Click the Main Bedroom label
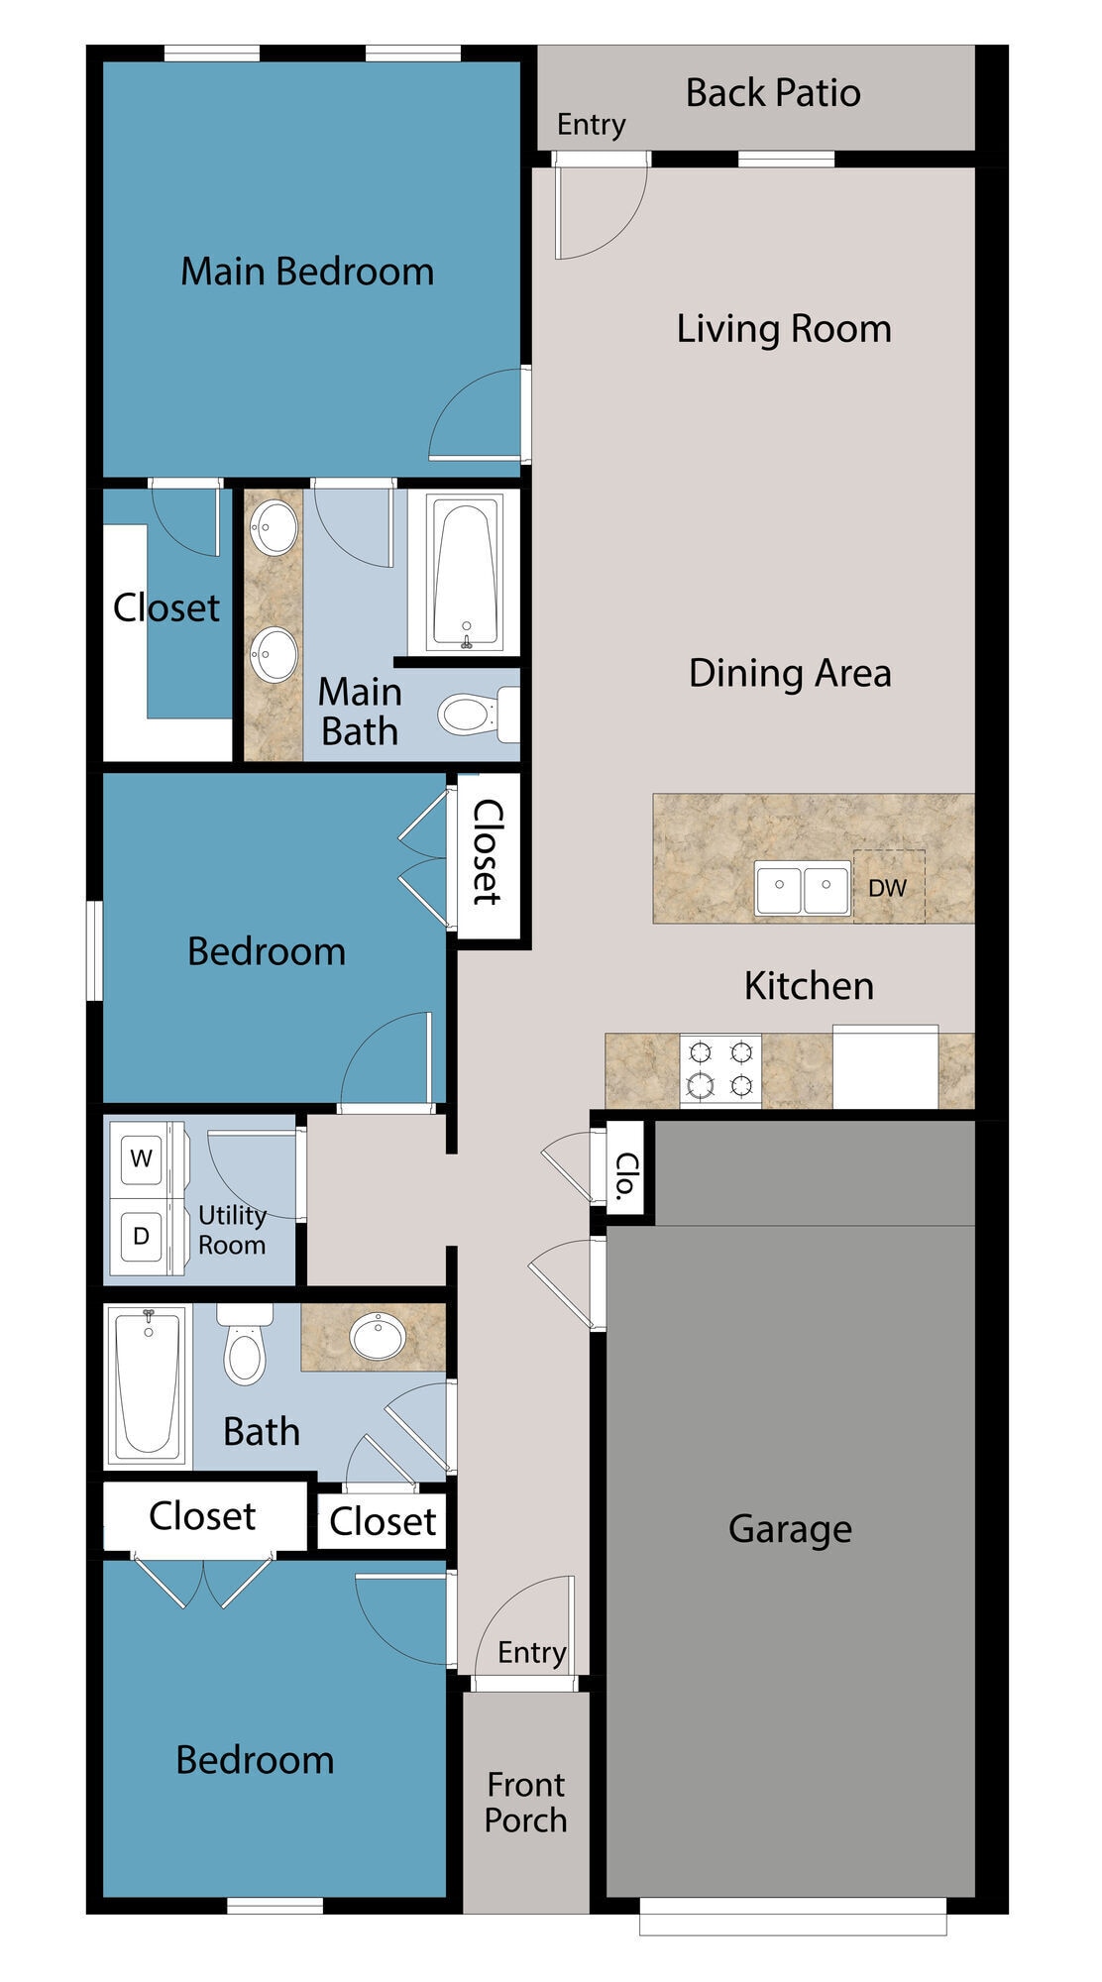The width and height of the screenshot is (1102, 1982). [307, 272]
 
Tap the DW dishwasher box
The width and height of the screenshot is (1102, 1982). [889, 887]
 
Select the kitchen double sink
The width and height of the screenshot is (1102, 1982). [803, 888]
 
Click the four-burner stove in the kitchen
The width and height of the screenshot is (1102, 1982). [720, 1069]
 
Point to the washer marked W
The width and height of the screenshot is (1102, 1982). [142, 1157]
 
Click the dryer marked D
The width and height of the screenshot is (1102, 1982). [142, 1236]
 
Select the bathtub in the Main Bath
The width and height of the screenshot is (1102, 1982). [466, 573]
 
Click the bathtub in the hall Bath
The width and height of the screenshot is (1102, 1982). [148, 1384]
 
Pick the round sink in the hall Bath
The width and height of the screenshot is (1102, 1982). [378, 1337]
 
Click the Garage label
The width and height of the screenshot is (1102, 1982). [790, 1528]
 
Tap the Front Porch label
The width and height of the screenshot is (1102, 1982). [525, 1802]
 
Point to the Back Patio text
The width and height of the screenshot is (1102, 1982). [773, 93]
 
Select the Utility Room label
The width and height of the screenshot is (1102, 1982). [232, 1230]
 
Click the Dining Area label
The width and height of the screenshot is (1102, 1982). [790, 673]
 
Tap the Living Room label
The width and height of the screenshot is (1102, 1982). [784, 329]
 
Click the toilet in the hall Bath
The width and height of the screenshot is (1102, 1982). [245, 1348]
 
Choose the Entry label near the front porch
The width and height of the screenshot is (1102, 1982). [531, 1652]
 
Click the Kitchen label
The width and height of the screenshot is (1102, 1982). [809, 986]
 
